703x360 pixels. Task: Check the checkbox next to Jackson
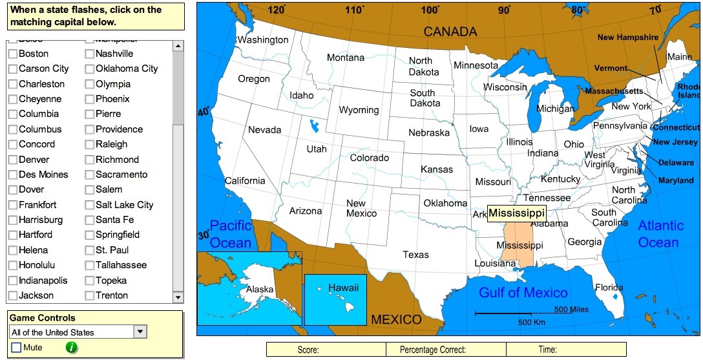pos(13,295)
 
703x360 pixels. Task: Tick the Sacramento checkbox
pos(90,175)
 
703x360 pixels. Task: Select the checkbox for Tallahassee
pos(90,265)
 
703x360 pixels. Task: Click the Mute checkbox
pos(16,348)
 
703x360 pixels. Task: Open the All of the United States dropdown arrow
pos(140,332)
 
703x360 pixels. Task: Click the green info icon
pos(72,348)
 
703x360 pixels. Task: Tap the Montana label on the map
pos(346,58)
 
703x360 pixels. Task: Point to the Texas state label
pos(415,255)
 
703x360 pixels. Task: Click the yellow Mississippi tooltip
pos(516,213)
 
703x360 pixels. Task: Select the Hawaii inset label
pos(343,288)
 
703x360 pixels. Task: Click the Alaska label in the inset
pos(260,290)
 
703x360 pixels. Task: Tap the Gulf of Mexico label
pos(523,293)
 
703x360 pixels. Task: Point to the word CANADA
pos(450,32)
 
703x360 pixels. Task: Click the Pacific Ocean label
pos(231,234)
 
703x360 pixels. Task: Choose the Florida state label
pos(609,288)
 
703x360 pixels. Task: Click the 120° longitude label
pos(277,10)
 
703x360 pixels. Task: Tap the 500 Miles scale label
pos(571,310)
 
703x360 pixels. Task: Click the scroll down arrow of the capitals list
pos(178,297)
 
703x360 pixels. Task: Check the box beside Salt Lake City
pos(90,205)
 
